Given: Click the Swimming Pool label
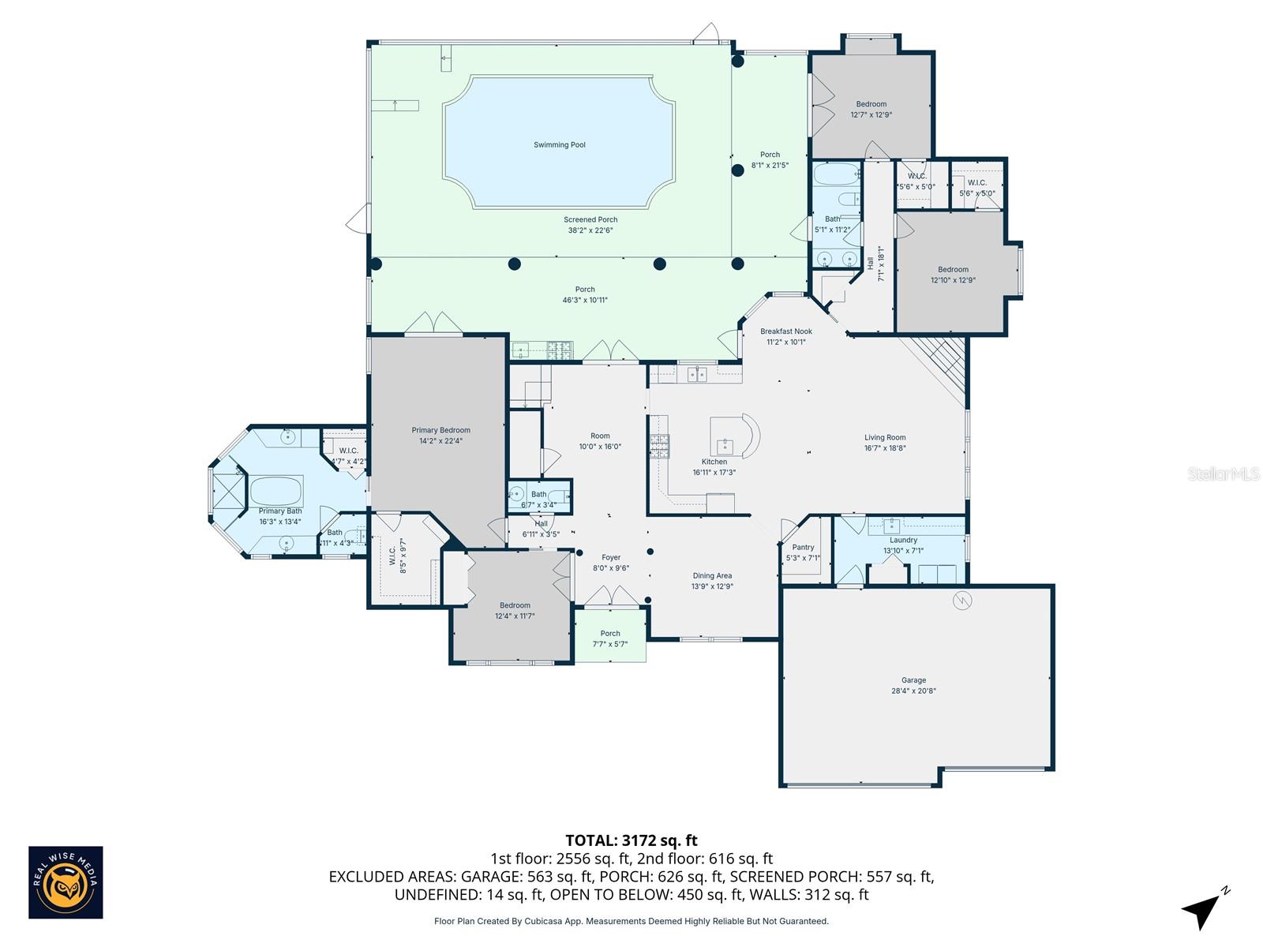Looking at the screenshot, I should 559,145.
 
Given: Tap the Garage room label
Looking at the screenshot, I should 913,680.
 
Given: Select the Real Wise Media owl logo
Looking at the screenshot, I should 66,882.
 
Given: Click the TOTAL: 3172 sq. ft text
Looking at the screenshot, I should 631,840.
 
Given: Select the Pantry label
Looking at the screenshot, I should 803,548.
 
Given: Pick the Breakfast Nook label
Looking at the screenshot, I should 785,331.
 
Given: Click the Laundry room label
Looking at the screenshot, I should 903,541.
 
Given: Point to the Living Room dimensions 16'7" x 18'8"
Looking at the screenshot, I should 885,448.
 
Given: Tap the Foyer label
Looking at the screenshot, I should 610,558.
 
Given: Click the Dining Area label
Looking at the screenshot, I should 712,576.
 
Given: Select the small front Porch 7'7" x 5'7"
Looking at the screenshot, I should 610,638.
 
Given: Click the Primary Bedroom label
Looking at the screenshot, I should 440,430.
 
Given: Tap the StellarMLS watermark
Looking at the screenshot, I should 1224,473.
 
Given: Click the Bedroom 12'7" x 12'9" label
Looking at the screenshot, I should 871,104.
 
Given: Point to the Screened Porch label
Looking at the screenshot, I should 590,220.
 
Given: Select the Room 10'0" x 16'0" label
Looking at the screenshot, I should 600,436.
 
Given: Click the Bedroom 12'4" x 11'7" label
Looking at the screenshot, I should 515,605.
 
